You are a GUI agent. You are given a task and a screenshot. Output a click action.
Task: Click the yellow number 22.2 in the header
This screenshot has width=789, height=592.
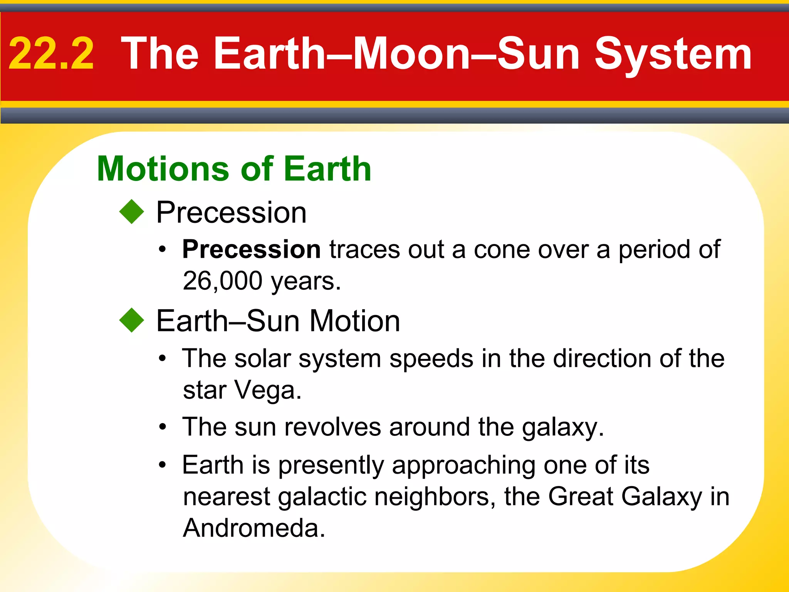51,54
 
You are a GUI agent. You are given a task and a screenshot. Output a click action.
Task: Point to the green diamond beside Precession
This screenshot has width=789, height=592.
132,212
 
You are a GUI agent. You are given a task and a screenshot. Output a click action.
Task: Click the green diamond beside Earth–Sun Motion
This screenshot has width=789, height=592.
132,320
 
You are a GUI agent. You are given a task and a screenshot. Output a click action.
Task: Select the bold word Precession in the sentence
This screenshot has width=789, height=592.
251,249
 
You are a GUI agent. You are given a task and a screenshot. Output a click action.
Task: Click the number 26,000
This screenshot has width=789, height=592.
222,281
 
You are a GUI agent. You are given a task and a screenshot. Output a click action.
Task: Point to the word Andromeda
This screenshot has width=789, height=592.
254,528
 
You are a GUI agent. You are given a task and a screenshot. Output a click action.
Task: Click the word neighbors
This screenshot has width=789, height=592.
435,496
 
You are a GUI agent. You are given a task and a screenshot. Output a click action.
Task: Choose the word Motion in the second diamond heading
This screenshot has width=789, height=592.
355,321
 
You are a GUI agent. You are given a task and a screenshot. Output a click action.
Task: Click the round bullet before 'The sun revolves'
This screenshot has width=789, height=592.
163,427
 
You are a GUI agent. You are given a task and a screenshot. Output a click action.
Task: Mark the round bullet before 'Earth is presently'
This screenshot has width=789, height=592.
163,465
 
